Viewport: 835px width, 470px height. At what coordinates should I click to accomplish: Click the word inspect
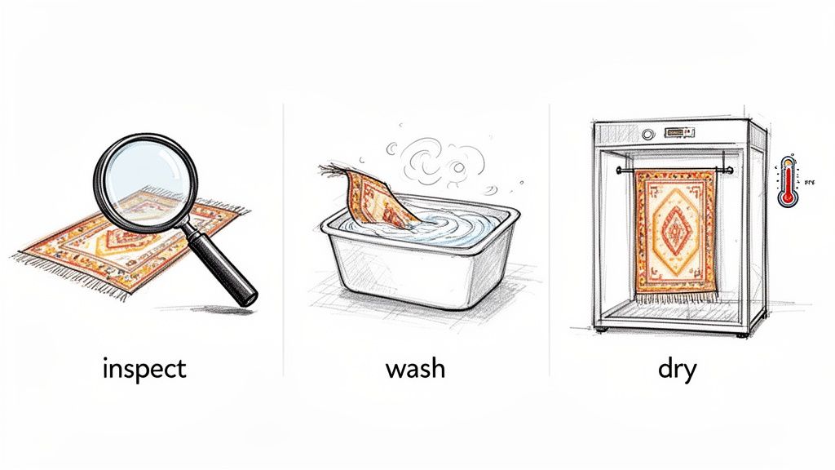[144, 369]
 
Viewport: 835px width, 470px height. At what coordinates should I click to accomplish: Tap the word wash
[415, 369]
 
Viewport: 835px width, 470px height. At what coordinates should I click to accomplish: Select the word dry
[677, 369]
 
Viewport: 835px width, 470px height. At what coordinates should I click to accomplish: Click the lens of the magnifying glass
[144, 178]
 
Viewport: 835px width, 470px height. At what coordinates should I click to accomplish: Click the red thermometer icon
[787, 181]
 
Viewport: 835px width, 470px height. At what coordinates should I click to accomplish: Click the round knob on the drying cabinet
[648, 131]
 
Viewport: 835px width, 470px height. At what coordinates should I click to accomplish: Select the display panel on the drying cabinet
[678, 131]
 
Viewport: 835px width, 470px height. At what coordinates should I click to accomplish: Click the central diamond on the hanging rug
[675, 231]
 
